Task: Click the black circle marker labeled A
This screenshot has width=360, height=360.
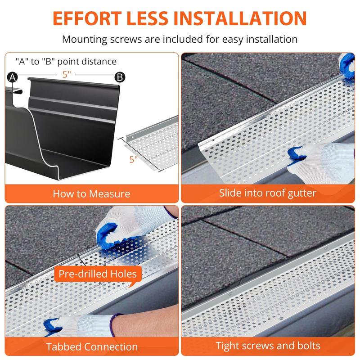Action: (x=12, y=77)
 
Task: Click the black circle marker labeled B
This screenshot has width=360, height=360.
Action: (x=120, y=77)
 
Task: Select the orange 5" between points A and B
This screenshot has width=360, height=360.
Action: (x=67, y=75)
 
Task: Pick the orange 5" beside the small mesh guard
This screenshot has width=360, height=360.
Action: (x=132, y=159)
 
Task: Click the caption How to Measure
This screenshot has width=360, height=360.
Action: (x=91, y=194)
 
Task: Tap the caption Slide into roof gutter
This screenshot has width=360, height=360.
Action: (x=268, y=193)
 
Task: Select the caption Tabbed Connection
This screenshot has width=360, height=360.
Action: (x=91, y=347)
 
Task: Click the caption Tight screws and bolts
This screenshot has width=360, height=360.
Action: (x=268, y=346)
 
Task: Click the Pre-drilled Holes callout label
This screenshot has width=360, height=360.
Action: (x=98, y=274)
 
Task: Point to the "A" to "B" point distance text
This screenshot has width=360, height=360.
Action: (x=66, y=62)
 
